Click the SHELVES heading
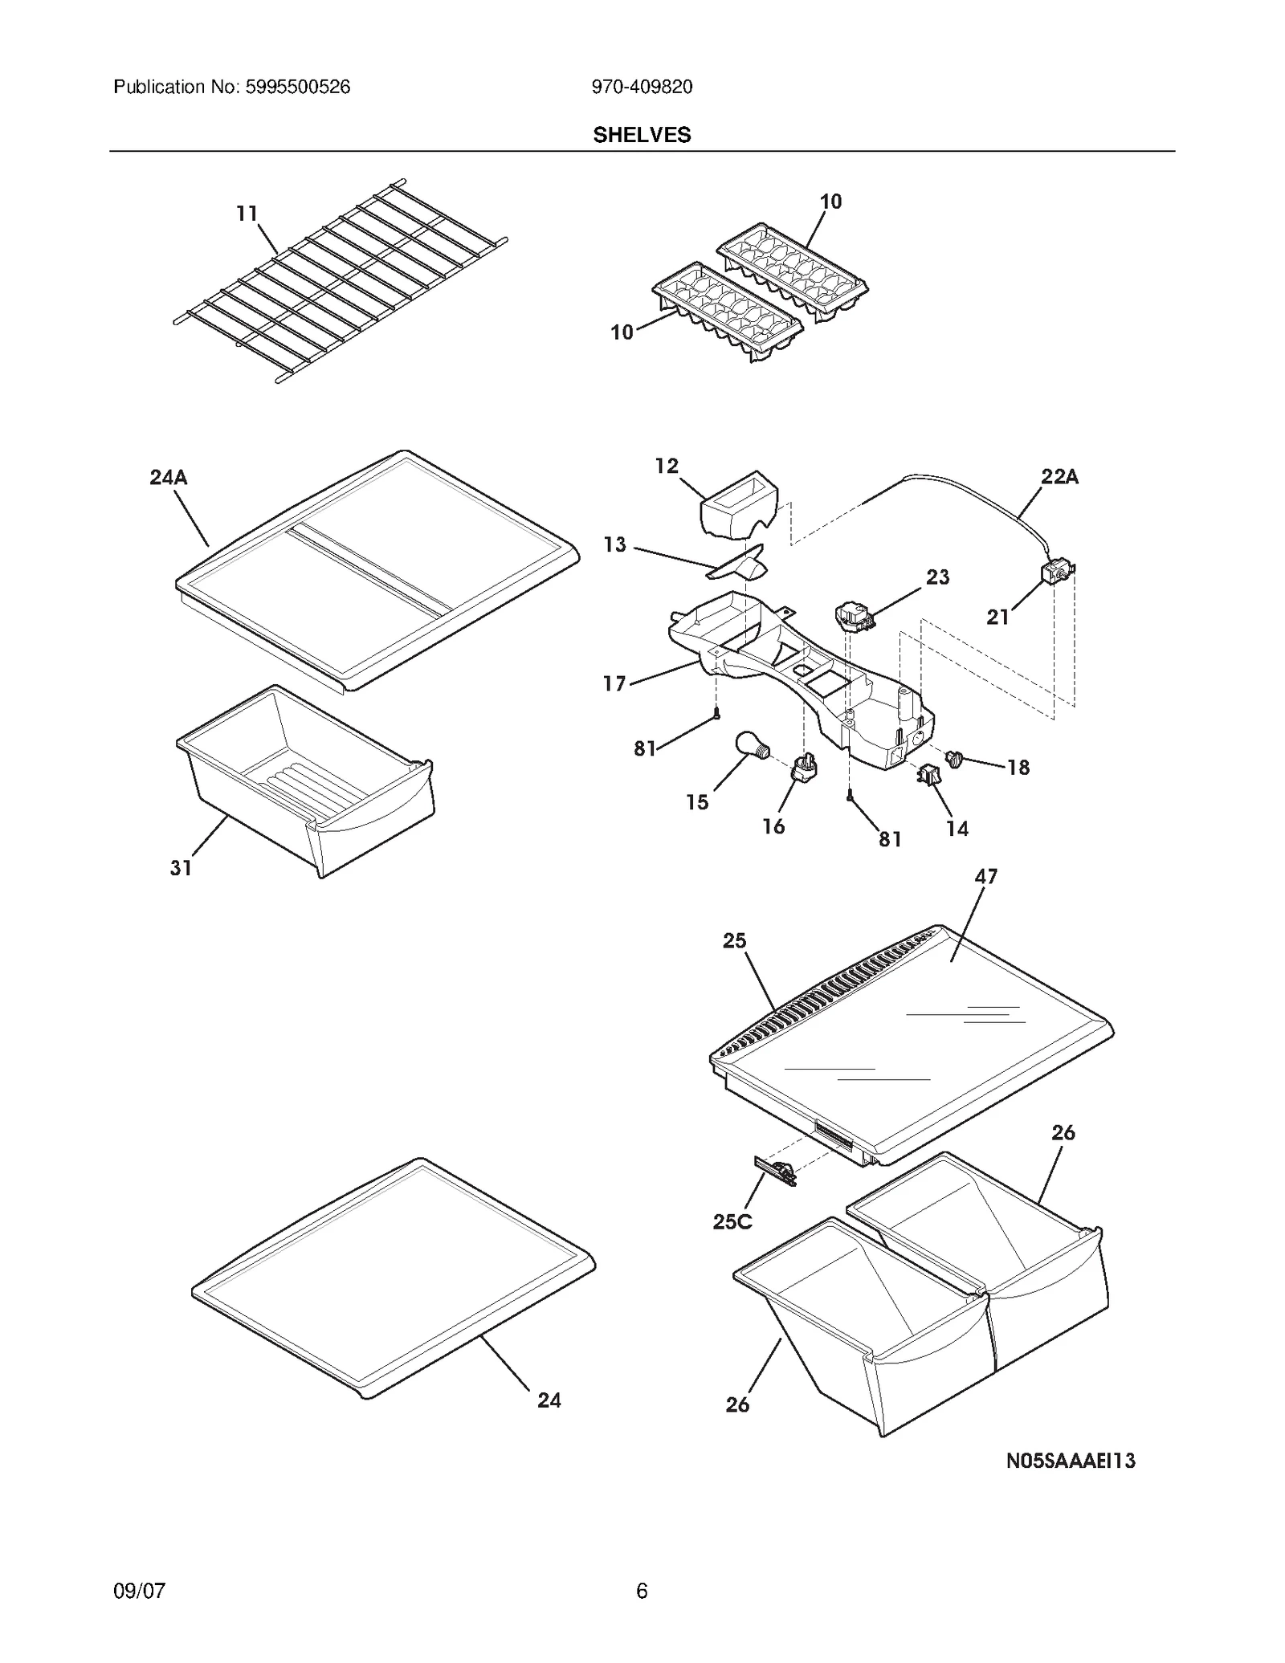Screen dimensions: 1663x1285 pos(642,135)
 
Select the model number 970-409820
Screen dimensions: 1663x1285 pos(642,87)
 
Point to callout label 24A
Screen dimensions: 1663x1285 pos(169,478)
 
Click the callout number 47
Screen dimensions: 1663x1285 pos(985,876)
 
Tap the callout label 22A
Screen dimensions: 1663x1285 pos(1059,477)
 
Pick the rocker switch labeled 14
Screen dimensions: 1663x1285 pos(929,775)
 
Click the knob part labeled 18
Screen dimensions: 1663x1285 pos(956,758)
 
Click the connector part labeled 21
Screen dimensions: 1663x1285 pos(1056,573)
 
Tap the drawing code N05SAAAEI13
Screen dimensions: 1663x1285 pos(1071,1461)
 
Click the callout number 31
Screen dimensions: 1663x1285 pos(181,868)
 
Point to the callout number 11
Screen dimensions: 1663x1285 pos(247,214)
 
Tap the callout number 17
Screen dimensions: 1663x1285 pos(614,683)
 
